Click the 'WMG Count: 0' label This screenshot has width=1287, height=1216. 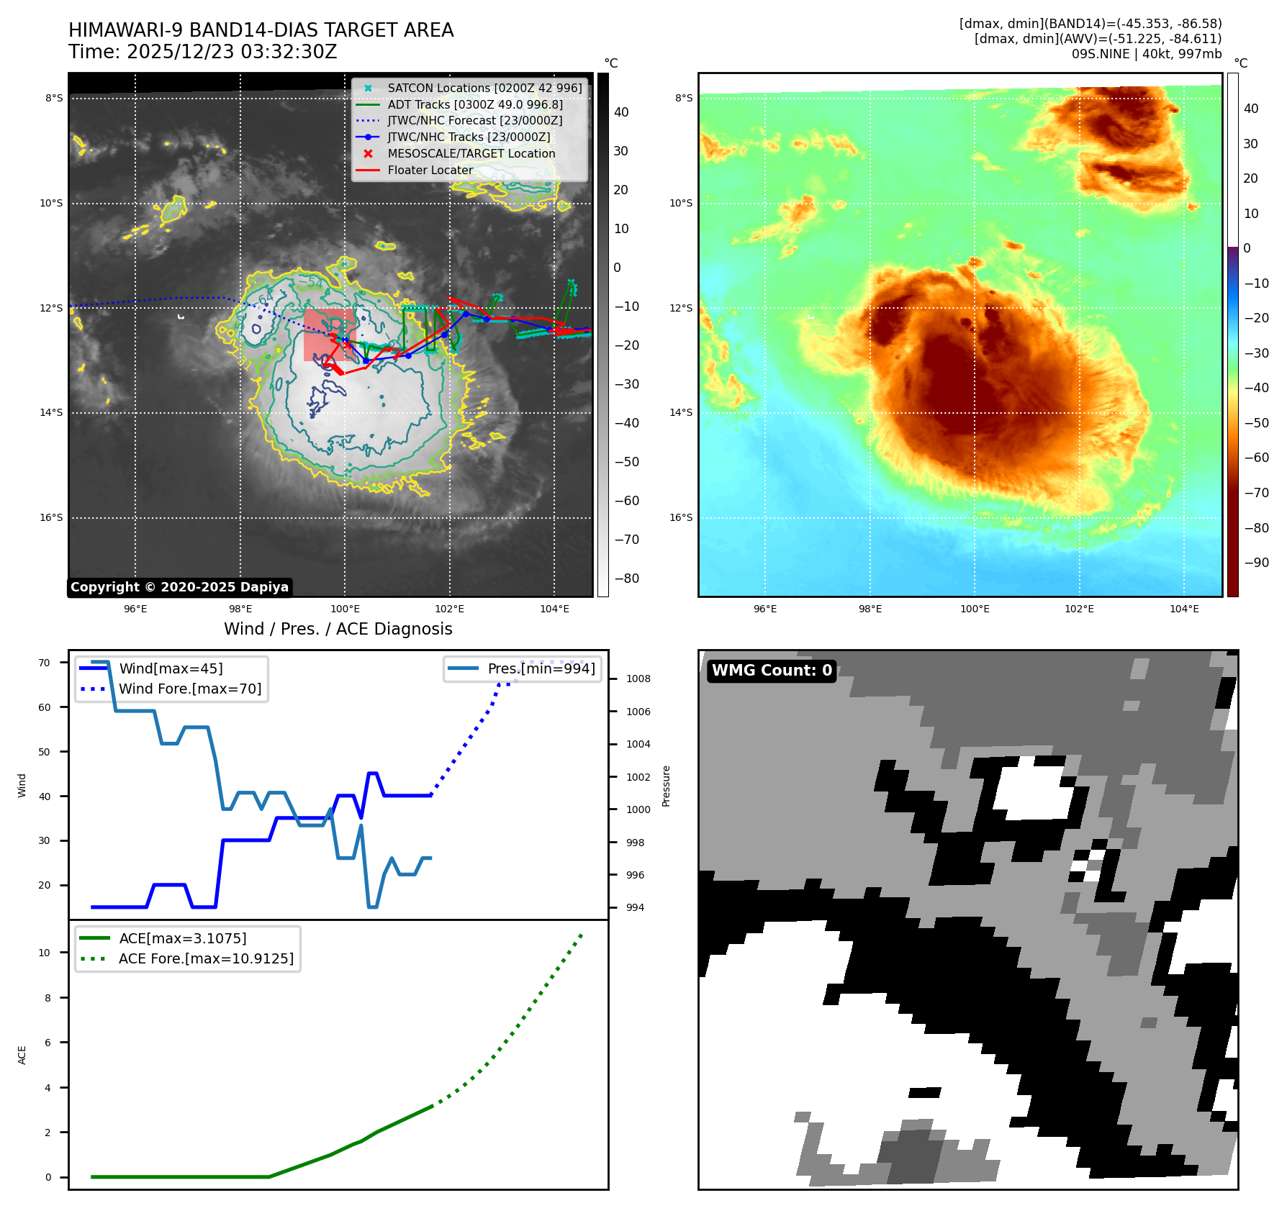point(772,671)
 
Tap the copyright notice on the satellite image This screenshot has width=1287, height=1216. point(179,587)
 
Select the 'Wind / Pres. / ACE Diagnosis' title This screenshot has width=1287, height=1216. point(338,629)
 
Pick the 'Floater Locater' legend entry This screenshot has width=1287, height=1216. point(430,171)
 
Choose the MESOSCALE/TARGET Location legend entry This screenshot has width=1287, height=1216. point(471,154)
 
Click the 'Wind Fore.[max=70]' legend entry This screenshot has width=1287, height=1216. point(190,689)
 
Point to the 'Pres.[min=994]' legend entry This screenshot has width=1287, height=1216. point(541,668)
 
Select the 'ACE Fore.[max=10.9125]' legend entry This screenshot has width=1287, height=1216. point(206,958)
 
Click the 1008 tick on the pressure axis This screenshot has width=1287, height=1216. point(638,679)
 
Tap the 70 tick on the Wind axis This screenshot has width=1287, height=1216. point(44,663)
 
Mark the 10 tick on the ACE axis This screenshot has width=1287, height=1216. point(44,953)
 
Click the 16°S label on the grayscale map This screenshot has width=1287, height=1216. point(51,517)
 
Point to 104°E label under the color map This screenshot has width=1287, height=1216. point(1184,609)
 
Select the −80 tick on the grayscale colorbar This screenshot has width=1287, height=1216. point(626,578)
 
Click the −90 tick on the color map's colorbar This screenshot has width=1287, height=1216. point(1256,563)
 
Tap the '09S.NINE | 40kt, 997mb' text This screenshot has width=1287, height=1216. point(1146,54)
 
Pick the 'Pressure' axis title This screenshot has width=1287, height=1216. point(666,786)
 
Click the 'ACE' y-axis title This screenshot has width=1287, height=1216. point(22,1055)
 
